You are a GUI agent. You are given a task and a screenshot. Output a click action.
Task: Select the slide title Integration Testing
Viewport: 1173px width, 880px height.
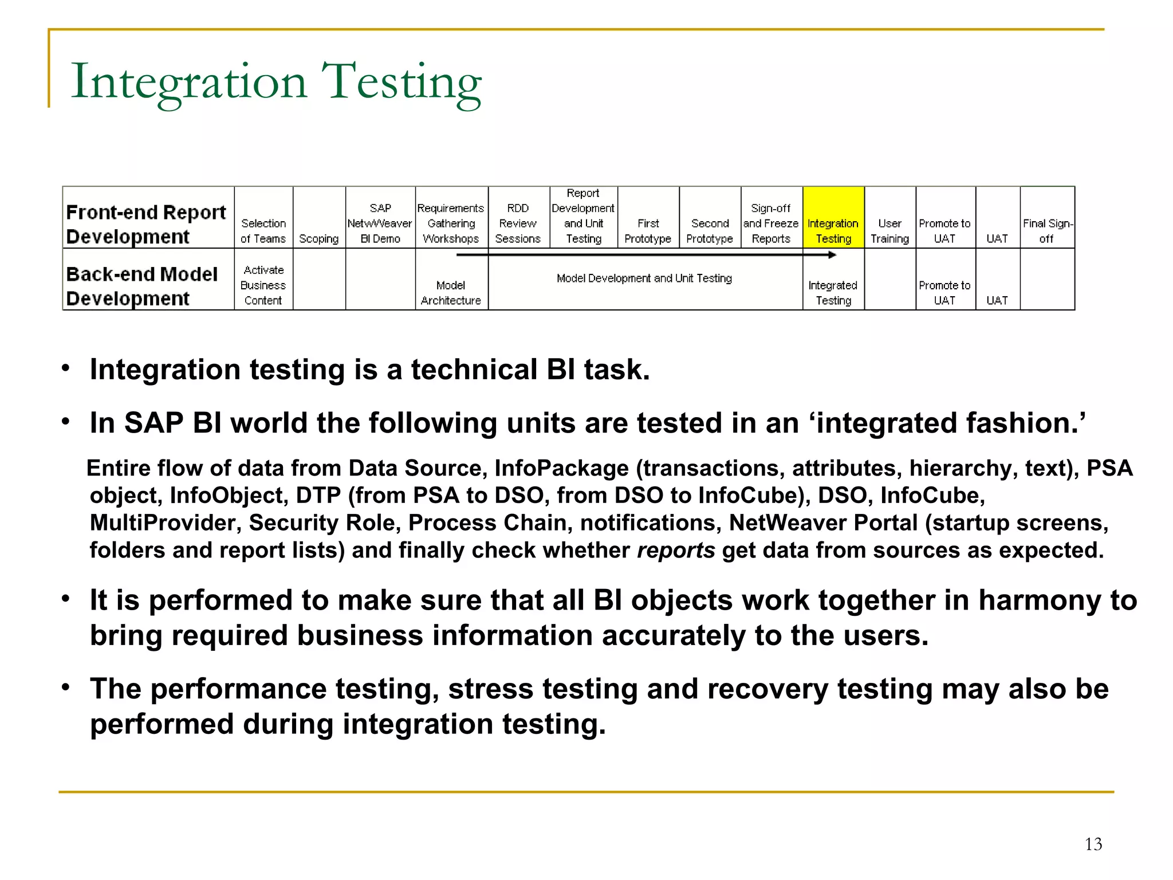[x=276, y=81]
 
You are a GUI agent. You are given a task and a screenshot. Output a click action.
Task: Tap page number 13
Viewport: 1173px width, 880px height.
[x=1093, y=844]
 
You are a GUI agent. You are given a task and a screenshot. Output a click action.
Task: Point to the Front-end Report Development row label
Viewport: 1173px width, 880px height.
[x=146, y=224]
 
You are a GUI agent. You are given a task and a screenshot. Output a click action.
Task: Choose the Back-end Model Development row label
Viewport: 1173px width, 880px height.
[x=142, y=286]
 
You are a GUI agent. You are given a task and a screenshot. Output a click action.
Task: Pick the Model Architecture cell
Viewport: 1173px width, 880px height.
[x=451, y=293]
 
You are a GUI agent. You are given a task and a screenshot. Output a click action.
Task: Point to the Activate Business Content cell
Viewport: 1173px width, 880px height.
[x=263, y=285]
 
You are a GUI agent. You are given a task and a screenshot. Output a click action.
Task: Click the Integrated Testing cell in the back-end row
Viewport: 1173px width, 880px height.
[x=833, y=293]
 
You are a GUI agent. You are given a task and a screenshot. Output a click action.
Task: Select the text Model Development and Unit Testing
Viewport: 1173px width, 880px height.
[x=644, y=278]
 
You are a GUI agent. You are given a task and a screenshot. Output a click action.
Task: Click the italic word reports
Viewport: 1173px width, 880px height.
[x=676, y=550]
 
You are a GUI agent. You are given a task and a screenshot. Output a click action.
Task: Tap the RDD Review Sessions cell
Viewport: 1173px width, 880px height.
[x=518, y=223]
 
